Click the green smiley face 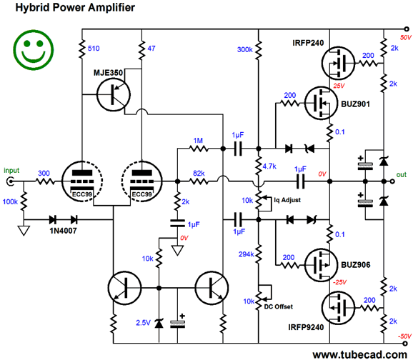(x=34, y=50)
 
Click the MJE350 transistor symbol (x=114, y=95)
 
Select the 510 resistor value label (x=94, y=49)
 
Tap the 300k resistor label (x=245, y=49)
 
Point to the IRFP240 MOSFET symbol (x=338, y=63)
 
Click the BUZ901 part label (x=355, y=104)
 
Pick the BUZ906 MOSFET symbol (x=321, y=265)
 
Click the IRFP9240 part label (x=306, y=327)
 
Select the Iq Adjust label (x=287, y=200)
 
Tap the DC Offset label (x=279, y=307)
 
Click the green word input (x=11, y=171)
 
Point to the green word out (x=402, y=175)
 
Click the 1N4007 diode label (x=63, y=231)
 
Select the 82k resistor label (x=199, y=174)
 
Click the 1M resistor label (x=198, y=141)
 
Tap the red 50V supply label (x=405, y=38)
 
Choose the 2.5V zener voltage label (x=143, y=323)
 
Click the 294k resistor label (x=247, y=254)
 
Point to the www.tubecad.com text (x=360, y=355)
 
